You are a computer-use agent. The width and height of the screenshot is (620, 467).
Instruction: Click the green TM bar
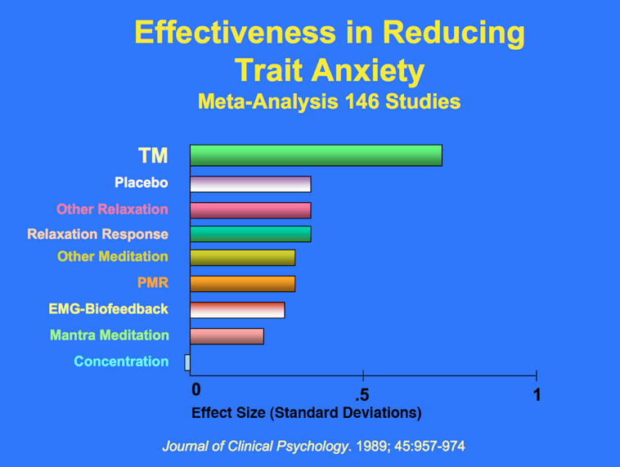(x=316, y=155)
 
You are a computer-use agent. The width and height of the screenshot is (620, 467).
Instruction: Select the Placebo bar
(x=250, y=184)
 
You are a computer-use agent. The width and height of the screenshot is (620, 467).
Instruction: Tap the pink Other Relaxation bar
(x=250, y=210)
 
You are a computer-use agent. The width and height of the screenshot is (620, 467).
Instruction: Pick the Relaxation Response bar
(x=250, y=234)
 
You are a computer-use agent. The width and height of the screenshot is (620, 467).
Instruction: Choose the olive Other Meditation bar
(x=242, y=258)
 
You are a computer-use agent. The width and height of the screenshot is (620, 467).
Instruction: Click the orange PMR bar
(x=242, y=284)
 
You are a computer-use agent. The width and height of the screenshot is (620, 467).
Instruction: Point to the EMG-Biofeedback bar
(x=237, y=310)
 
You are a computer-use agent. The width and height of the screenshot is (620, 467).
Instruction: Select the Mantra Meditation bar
(x=227, y=336)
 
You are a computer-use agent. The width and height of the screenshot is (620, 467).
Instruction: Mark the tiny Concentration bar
(x=187, y=362)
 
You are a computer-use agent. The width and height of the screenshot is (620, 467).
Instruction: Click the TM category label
(x=153, y=155)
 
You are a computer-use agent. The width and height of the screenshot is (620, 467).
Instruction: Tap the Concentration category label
(x=121, y=361)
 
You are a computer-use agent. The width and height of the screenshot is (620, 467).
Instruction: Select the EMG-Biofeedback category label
(x=108, y=309)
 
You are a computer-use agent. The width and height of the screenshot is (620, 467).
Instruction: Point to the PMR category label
(x=153, y=284)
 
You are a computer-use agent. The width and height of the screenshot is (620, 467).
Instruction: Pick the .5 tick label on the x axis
(x=362, y=394)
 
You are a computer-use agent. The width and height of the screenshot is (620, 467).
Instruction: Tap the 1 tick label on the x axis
(x=537, y=394)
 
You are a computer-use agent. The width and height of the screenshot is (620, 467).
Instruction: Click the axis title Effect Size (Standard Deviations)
(x=306, y=413)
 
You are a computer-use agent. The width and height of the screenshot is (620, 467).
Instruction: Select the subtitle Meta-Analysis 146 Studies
(x=329, y=102)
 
